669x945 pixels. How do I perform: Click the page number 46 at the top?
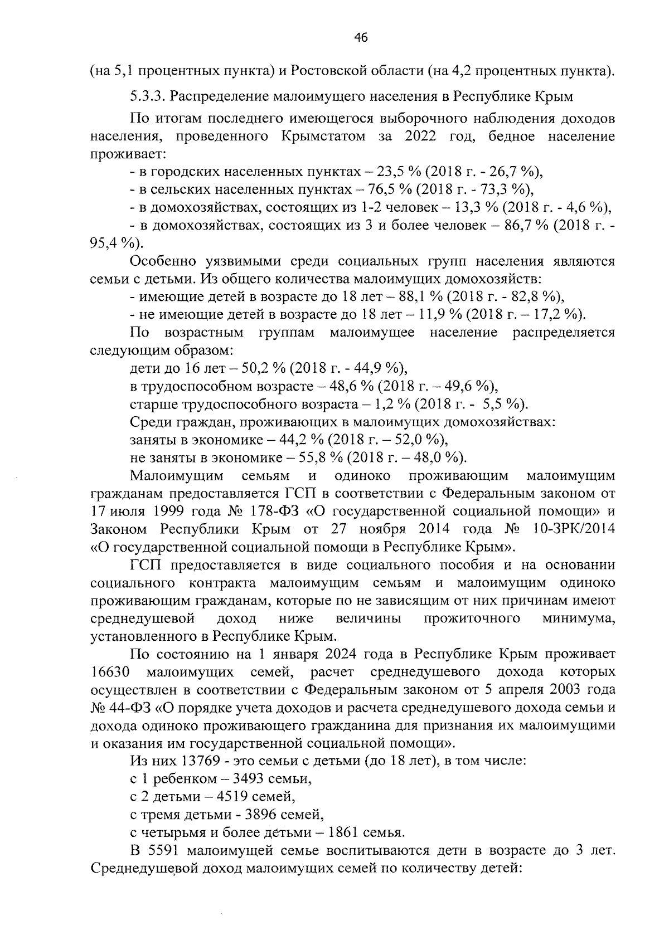[361, 38]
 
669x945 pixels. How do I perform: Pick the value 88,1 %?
[422, 296]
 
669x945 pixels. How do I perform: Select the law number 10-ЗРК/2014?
[574, 529]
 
